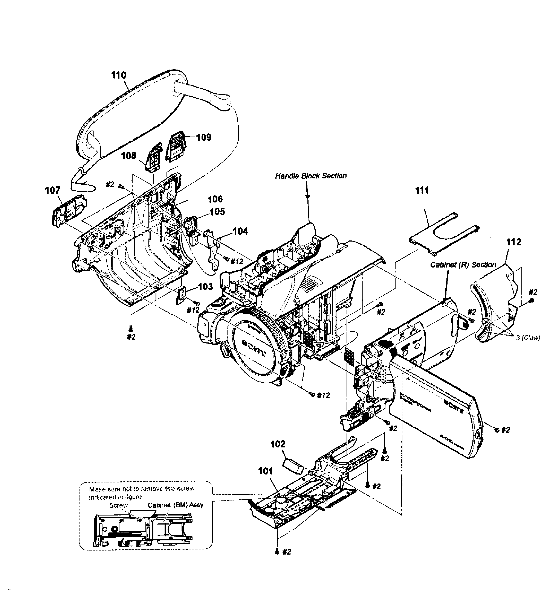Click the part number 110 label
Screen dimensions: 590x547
point(119,75)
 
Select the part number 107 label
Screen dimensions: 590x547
point(53,190)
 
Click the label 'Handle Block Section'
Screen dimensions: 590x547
point(311,176)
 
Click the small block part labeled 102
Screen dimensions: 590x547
point(293,467)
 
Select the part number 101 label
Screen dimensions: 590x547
point(266,471)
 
